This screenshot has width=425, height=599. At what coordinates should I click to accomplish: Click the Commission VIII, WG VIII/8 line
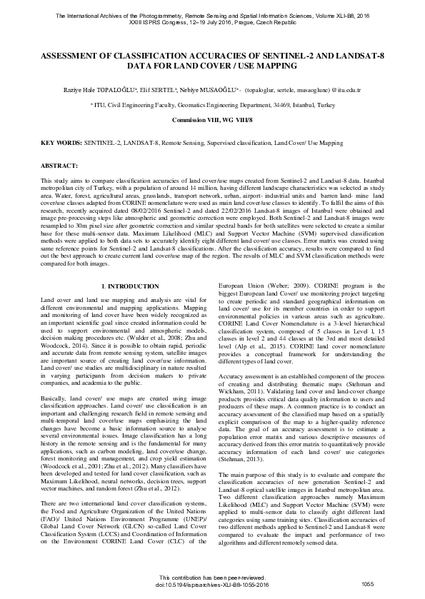pyautogui.click(x=212, y=119)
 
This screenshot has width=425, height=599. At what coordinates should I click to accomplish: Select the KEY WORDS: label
pyautogui.click(x=61, y=144)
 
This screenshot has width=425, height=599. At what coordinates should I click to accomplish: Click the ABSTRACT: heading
pyautogui.click(x=59, y=165)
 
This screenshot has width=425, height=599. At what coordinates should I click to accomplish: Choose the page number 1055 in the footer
pyautogui.click(x=368, y=584)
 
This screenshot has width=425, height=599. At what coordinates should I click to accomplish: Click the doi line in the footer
pyautogui.click(x=212, y=584)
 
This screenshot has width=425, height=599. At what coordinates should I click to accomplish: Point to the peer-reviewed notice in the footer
pyautogui.click(x=212, y=577)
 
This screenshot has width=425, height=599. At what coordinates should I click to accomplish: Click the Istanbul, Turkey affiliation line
pyautogui.click(x=212, y=105)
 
